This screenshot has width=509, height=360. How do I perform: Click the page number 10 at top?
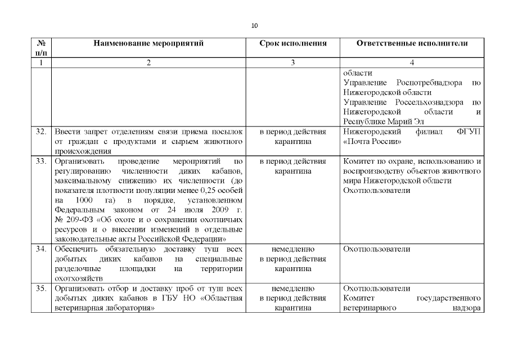click(254, 26)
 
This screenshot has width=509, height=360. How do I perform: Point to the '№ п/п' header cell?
click(40, 48)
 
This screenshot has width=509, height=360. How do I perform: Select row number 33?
click(40, 161)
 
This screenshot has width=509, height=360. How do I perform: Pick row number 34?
click(40, 249)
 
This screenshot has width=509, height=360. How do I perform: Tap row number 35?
click(40, 289)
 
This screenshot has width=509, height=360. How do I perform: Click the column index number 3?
click(292, 63)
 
